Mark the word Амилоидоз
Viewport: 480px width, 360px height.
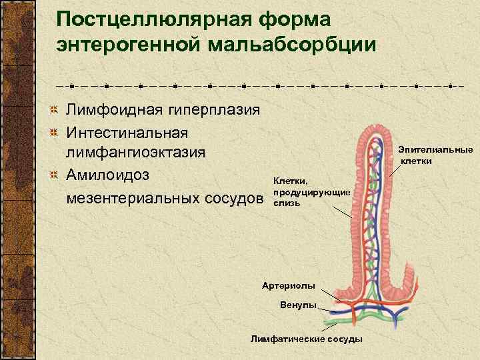click(x=107, y=175)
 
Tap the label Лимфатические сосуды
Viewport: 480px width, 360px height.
click(x=306, y=339)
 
